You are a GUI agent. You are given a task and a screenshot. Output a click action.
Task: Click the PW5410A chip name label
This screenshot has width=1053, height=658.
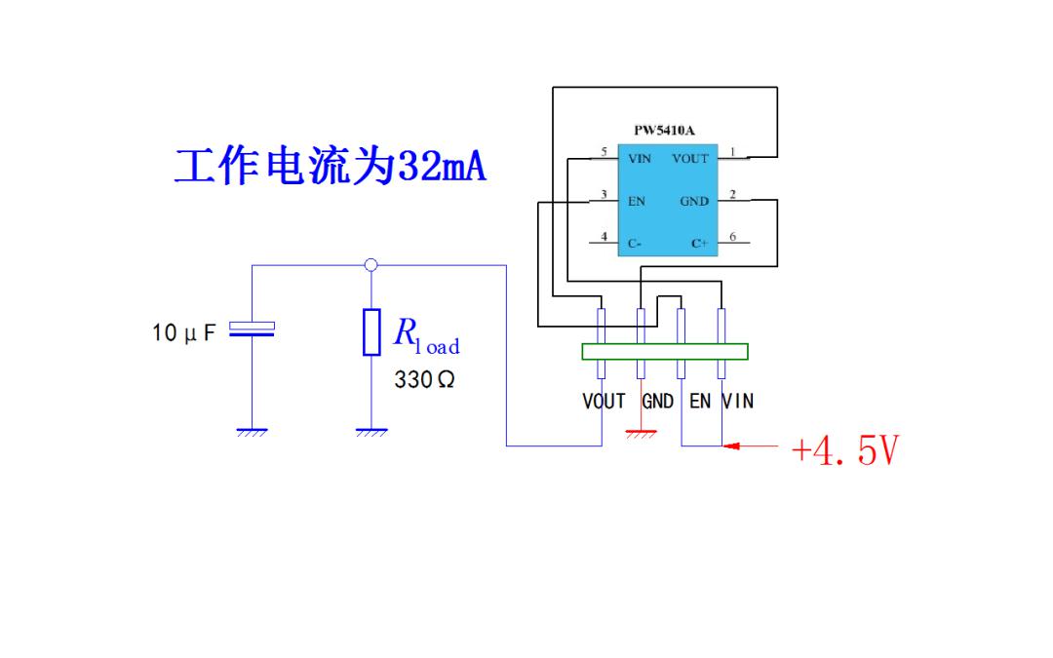click(664, 131)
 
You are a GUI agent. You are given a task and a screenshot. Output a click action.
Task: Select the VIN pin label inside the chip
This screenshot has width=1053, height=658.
click(640, 159)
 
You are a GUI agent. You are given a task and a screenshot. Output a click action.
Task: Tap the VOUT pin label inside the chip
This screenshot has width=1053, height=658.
click(690, 159)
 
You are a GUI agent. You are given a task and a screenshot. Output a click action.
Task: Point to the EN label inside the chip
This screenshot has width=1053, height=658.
click(637, 202)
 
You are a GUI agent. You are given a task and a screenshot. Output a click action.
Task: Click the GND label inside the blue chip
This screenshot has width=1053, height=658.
click(694, 202)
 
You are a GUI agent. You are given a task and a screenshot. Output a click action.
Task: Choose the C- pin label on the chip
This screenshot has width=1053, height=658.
click(635, 244)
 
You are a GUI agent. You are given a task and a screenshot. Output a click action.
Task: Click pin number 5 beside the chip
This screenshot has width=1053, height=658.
click(604, 152)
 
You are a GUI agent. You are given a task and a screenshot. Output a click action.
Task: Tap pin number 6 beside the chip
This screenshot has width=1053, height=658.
click(732, 236)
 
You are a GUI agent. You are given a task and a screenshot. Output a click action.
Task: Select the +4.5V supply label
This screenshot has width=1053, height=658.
click(844, 449)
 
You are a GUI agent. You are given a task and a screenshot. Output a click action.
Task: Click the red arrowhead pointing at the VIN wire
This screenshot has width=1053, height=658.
click(731, 445)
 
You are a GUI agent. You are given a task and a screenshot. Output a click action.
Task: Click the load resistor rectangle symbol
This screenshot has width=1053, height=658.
click(371, 331)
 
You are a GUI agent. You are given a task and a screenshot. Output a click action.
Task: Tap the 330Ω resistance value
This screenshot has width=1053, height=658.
click(424, 380)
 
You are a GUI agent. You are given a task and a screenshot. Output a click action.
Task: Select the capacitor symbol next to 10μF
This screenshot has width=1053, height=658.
click(252, 329)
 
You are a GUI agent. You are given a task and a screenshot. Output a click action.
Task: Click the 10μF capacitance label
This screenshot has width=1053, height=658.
click(184, 332)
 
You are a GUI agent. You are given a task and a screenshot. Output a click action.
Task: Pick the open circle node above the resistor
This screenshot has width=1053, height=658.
click(370, 265)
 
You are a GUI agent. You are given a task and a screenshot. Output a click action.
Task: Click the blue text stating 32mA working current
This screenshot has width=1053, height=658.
click(330, 167)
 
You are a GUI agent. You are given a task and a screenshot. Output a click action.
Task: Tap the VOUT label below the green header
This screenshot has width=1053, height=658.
click(604, 402)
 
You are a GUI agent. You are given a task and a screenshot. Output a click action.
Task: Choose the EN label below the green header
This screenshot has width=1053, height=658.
click(700, 402)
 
